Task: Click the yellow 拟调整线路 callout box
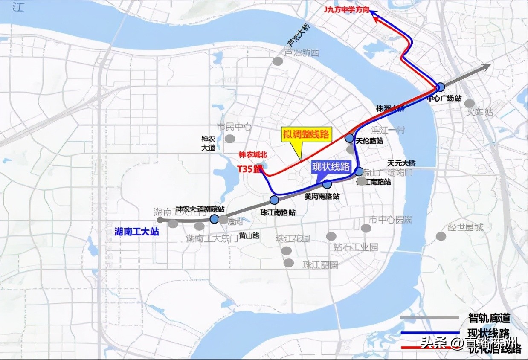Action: click(307, 134)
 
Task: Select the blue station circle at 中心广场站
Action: click(441, 87)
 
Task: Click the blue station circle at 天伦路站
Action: click(349, 138)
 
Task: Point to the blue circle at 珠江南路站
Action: click(274, 200)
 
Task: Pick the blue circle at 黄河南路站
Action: click(327, 184)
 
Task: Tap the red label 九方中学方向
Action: click(346, 9)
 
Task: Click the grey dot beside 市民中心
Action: click(230, 138)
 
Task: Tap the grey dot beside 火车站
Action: click(470, 103)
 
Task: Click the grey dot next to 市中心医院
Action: click(366, 228)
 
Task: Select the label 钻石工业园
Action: click(356, 247)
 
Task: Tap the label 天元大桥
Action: click(401, 163)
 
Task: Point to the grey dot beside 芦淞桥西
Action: click(278, 61)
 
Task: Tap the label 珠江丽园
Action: click(320, 264)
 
